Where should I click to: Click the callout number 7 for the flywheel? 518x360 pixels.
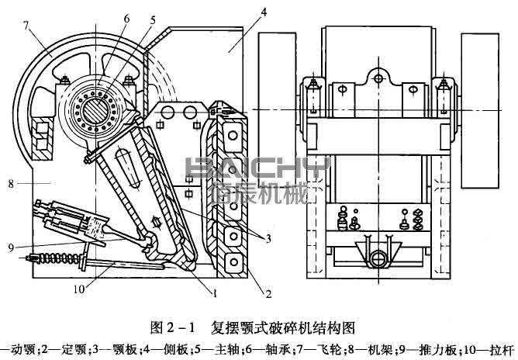[x=26, y=28]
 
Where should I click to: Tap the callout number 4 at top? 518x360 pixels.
[x=264, y=11]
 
